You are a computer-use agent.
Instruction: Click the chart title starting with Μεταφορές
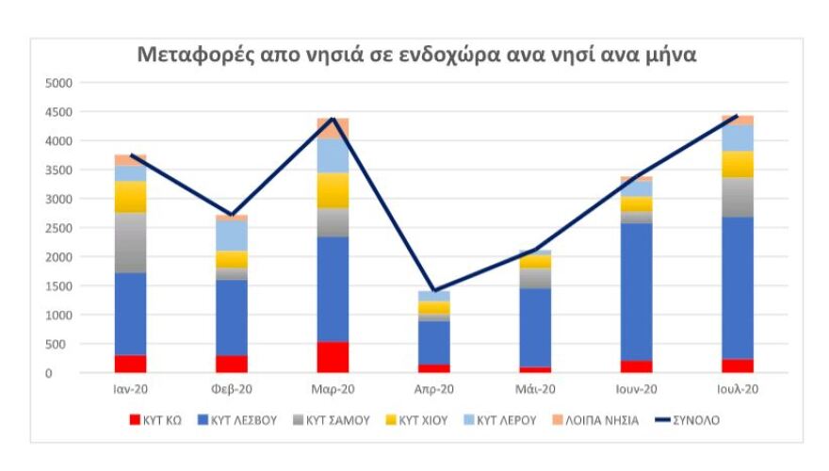(416, 54)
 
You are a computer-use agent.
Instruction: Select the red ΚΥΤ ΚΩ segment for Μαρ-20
(333, 357)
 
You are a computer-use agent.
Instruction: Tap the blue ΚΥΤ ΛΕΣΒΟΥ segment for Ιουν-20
(637, 291)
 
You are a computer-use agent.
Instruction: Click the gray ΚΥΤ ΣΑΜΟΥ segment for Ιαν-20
(130, 242)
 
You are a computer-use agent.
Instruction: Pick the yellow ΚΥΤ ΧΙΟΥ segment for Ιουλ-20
(738, 164)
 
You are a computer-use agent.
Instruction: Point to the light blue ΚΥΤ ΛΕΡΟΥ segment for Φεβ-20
(232, 235)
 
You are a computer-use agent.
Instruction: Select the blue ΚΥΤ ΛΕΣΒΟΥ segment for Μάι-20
(535, 327)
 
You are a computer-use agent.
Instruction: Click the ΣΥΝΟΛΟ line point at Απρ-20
(434, 291)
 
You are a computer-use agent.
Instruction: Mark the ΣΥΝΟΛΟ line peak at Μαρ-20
(333, 119)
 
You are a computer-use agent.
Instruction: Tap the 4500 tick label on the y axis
(58, 112)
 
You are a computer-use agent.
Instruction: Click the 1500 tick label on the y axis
(58, 286)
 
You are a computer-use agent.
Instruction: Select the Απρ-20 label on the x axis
(434, 389)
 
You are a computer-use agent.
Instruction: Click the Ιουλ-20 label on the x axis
(738, 389)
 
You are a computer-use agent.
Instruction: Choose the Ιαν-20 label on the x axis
(130, 389)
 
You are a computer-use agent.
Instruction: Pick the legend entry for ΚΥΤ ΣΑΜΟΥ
(333, 420)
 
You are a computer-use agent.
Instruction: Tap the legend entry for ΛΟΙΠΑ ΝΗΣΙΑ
(596, 420)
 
